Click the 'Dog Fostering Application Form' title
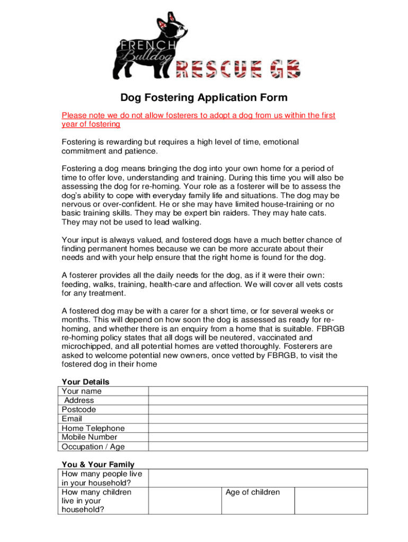point(204,97)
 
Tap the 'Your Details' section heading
point(85,382)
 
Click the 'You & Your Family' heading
point(98,464)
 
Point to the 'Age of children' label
point(252,492)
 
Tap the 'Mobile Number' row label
point(90,437)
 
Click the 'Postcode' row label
point(79,410)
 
